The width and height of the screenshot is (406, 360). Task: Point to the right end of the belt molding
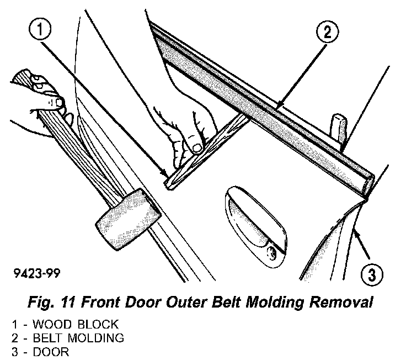pyautogui.click(x=368, y=182)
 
